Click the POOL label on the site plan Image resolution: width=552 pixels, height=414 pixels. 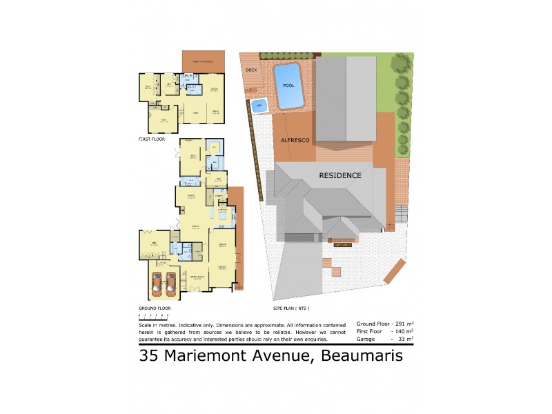288,86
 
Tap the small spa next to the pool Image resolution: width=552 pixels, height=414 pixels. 259,106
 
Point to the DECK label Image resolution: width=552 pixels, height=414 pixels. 250,70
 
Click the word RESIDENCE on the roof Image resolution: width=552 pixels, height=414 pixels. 340,175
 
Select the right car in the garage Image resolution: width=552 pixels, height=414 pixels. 172,284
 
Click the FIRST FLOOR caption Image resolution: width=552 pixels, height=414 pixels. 152,139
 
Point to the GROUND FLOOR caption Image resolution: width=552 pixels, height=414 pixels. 155,308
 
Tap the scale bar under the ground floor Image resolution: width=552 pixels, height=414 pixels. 149,315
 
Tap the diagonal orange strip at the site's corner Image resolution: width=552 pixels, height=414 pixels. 394,271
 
